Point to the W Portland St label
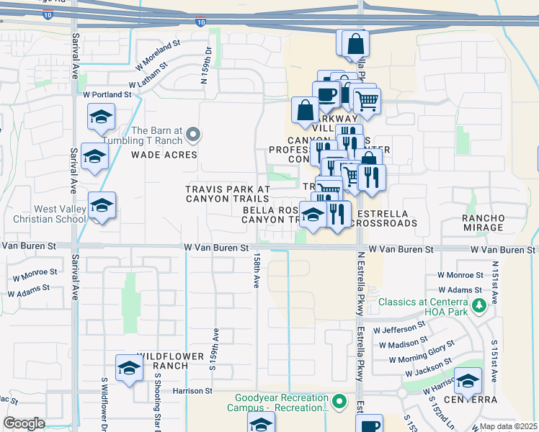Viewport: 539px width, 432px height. pos(107,94)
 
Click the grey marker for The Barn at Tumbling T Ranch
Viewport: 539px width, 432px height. pos(192,134)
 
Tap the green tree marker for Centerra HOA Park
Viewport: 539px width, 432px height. pos(478,307)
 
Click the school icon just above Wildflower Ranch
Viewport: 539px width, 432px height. pos(129,368)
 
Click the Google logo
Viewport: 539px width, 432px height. pos(24,423)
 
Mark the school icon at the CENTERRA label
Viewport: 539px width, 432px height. pos(468,382)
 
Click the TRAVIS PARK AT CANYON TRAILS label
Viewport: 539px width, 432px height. pos(228,194)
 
